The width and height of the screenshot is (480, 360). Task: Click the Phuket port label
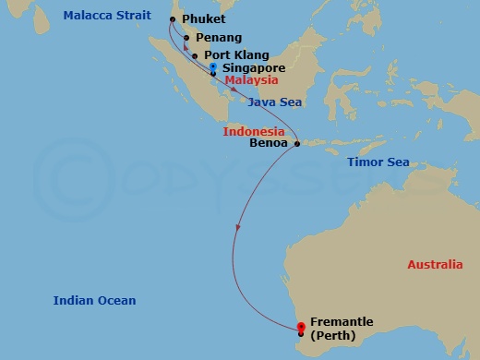coord(203,18)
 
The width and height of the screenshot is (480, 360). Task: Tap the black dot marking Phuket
coord(173,18)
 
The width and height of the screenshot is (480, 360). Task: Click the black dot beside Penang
coord(186,38)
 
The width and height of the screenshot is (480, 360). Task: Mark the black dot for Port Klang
coord(195,56)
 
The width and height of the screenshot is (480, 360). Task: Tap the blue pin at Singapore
coord(213,67)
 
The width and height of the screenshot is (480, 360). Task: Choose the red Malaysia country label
coord(251,80)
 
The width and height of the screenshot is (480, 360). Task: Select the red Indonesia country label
coord(253,132)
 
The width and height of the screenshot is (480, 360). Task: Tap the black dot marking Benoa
coord(296,144)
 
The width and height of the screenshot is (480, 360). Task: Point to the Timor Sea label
coord(378,162)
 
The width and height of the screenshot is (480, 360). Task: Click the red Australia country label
coord(435,265)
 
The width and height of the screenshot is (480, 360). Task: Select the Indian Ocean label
coord(94,301)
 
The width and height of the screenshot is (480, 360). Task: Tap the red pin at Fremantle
coord(301,325)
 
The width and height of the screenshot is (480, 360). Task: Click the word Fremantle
coord(342,321)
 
